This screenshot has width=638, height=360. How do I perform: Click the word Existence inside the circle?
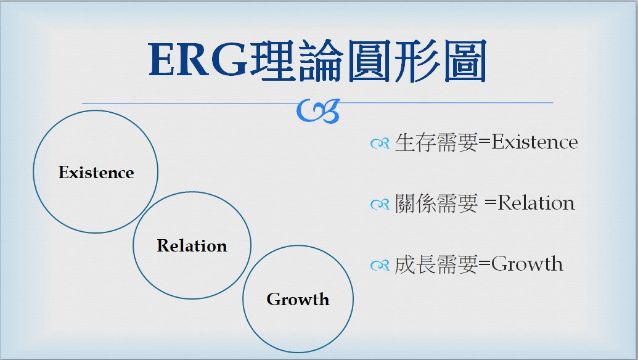tap(96, 173)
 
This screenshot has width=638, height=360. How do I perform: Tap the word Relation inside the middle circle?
tap(192, 246)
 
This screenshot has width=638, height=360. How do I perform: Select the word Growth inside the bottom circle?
tap(298, 300)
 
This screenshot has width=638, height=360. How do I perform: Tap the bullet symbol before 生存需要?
tap(380, 144)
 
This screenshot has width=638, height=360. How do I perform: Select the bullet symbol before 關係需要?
tap(380, 204)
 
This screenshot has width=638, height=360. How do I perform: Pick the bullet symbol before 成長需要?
tap(380, 265)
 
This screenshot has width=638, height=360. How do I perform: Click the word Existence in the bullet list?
tap(534, 142)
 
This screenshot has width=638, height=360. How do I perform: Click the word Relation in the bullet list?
tap(536, 203)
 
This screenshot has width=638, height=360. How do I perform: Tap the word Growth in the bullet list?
tap(527, 264)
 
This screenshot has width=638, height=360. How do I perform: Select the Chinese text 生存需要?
tap(436, 142)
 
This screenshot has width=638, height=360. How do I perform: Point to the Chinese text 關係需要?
tap(436, 203)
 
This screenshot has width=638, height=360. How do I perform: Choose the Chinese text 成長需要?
tap(436, 264)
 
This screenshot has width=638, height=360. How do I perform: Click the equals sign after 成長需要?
tap(484, 264)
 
